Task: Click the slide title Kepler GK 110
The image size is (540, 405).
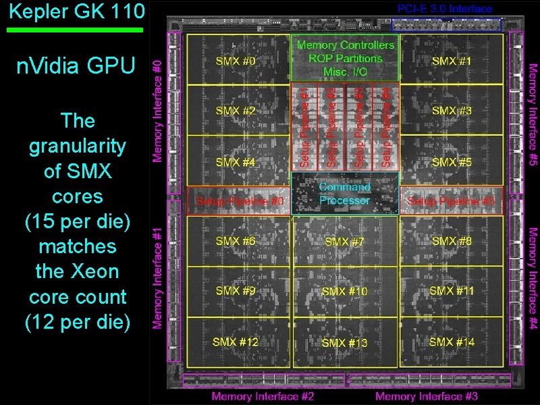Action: pyautogui.click(x=73, y=11)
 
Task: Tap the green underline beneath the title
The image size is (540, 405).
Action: pyautogui.click(x=75, y=30)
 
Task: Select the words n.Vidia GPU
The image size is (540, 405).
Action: pyautogui.click(x=76, y=65)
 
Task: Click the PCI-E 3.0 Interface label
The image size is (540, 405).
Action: pyautogui.click(x=445, y=9)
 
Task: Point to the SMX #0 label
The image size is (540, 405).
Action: pyautogui.click(x=236, y=61)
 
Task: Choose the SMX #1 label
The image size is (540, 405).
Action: pyautogui.click(x=452, y=61)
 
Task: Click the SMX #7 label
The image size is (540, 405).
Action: pyautogui.click(x=345, y=242)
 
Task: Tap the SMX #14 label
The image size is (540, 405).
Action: pyautogui.click(x=452, y=342)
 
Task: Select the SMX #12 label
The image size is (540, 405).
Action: pyautogui.click(x=236, y=342)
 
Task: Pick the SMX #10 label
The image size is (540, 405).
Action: pyautogui.click(x=345, y=291)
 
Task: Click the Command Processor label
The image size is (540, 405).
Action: pyautogui.click(x=345, y=194)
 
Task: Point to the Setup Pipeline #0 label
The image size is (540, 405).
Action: pyautogui.click(x=240, y=201)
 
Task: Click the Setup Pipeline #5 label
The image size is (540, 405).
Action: pyautogui.click(x=451, y=201)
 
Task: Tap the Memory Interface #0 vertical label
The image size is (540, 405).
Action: pyautogui.click(x=157, y=111)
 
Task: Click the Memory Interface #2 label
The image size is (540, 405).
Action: pyautogui.click(x=263, y=396)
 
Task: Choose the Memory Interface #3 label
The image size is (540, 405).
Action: pyautogui.click(x=427, y=396)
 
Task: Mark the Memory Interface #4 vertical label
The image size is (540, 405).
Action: pyautogui.click(x=533, y=278)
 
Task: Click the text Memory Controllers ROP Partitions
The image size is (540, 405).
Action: pyautogui.click(x=345, y=52)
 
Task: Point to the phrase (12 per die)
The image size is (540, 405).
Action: pyautogui.click(x=76, y=323)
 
